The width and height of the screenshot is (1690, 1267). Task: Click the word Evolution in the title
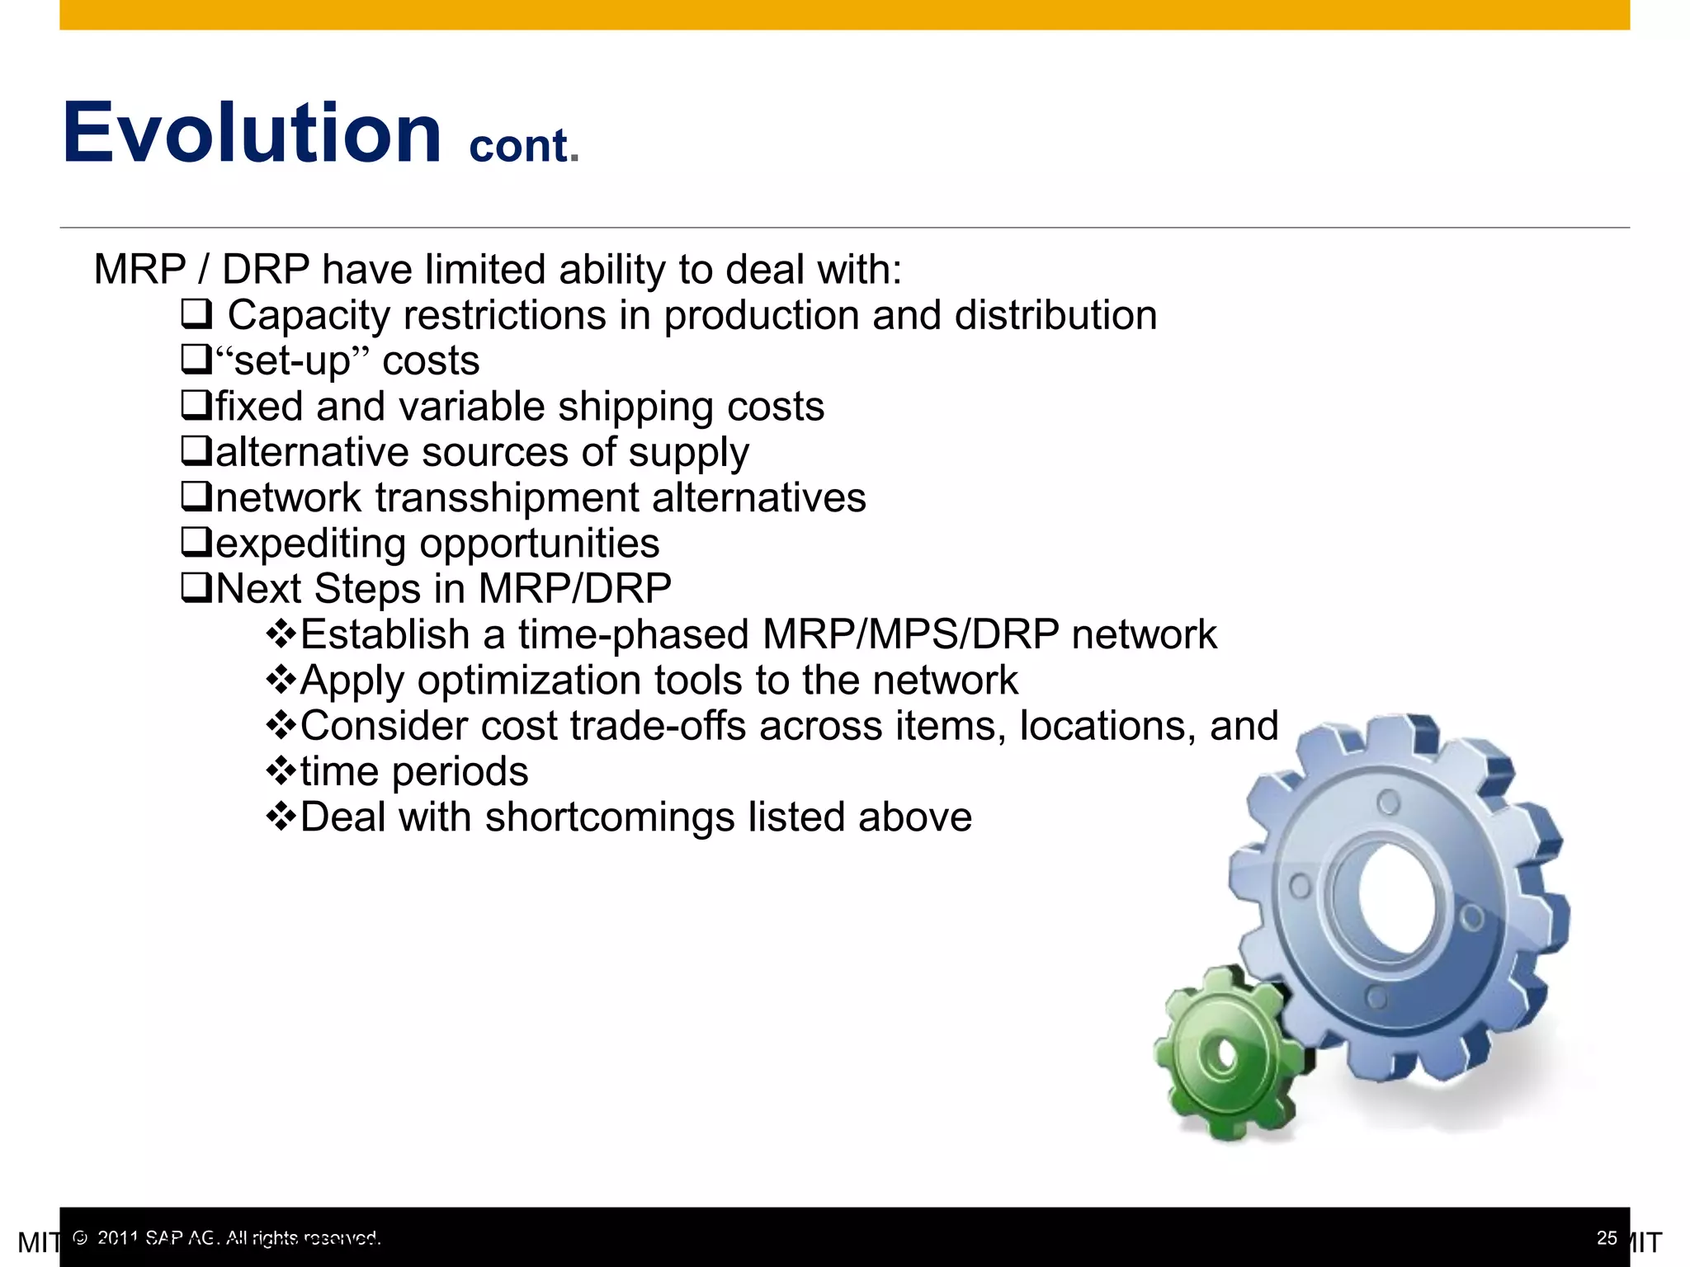pos(252,134)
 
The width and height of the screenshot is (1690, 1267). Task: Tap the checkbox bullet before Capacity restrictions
pos(196,314)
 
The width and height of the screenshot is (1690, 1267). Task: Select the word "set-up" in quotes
pos(292,360)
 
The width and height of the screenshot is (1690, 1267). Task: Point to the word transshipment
pos(507,498)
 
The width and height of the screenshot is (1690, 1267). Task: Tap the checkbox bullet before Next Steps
pos(196,588)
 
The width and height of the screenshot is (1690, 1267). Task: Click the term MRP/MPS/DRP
pos(910,634)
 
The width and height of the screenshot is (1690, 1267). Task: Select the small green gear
pos(1225,1056)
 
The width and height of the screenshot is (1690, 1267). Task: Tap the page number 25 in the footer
pos(1606,1237)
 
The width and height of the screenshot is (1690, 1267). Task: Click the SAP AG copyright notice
pos(227,1237)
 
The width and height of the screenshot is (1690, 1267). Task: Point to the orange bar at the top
pos(844,14)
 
